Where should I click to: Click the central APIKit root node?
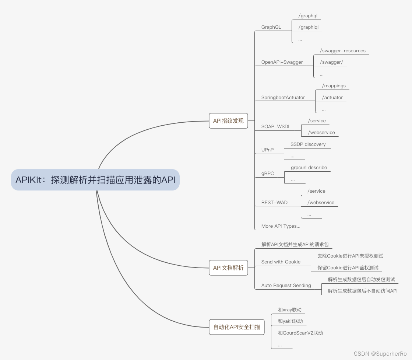click(95, 180)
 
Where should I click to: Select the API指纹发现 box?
click(228, 121)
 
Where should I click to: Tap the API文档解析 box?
click(228, 268)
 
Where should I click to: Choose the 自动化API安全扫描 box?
click(237, 327)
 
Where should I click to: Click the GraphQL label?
click(271, 27)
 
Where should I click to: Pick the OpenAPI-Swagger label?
click(282, 62)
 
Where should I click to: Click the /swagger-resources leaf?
click(343, 51)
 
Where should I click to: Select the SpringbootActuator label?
click(283, 98)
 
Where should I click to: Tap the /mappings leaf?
click(334, 86)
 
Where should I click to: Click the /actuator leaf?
click(332, 98)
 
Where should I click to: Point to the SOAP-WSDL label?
click(276, 127)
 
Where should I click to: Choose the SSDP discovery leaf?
click(308, 144)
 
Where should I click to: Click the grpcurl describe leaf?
click(309, 168)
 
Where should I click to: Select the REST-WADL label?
click(276, 203)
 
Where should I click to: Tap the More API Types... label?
click(281, 226)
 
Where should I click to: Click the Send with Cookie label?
click(281, 262)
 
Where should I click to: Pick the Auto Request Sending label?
click(286, 286)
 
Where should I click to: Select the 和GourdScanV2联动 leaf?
click(300, 333)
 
